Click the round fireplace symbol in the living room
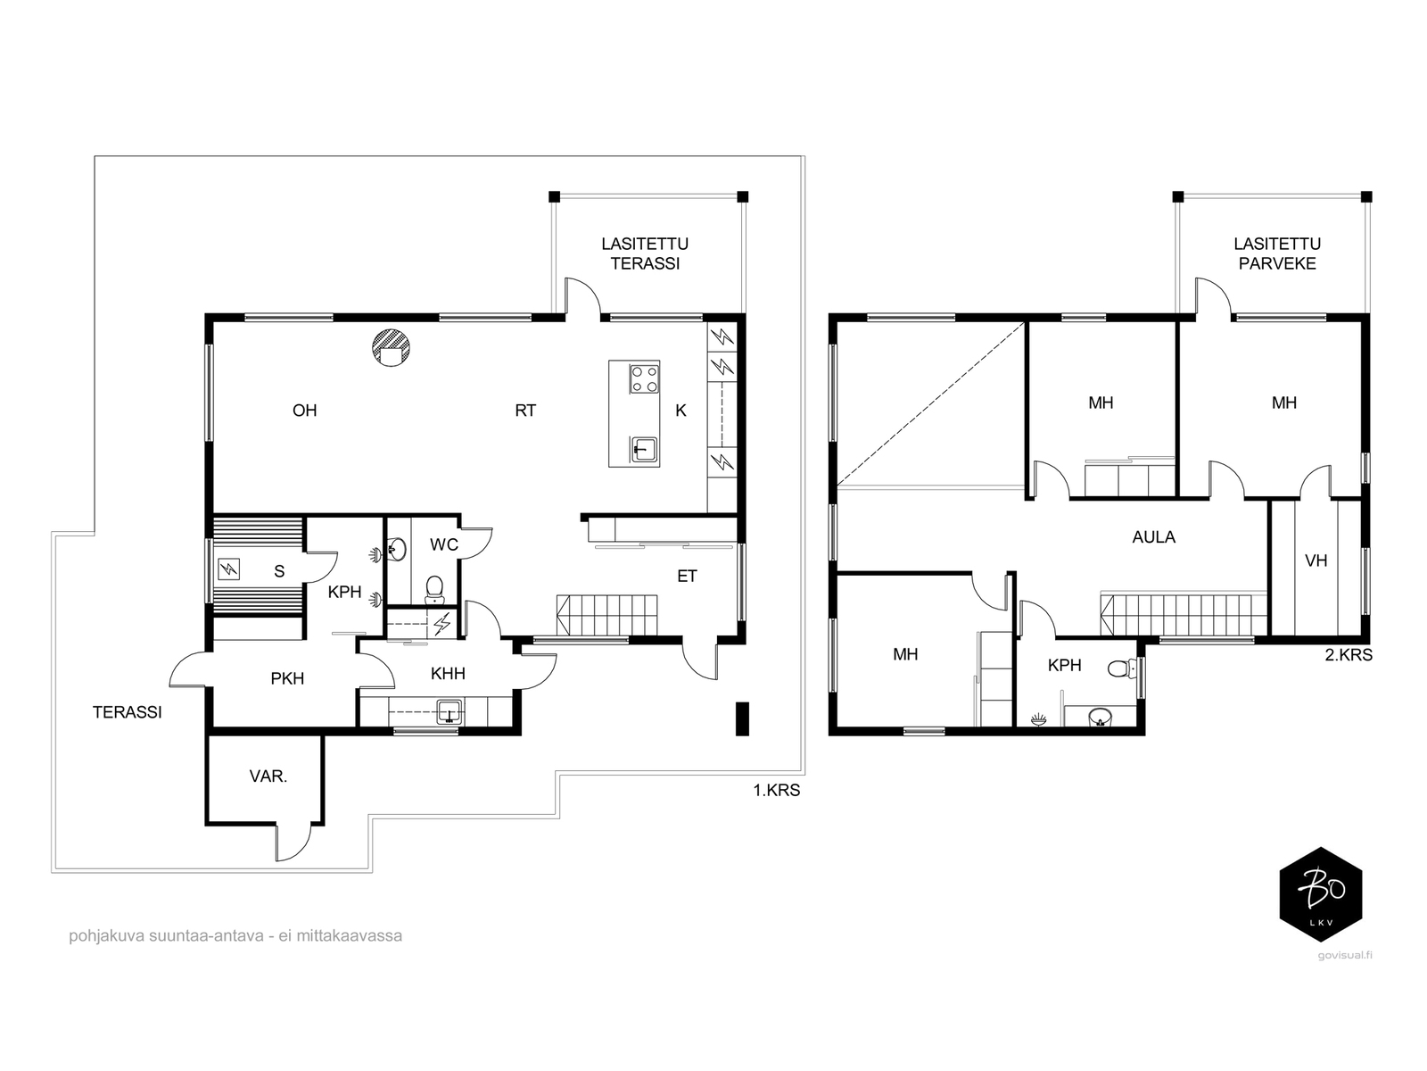pyautogui.click(x=390, y=347)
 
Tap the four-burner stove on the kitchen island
pyautogui.click(x=643, y=379)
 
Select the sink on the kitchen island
pyautogui.click(x=644, y=449)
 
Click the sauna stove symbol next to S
pyautogui.click(x=229, y=570)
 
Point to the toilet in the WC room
pyautogui.click(x=434, y=589)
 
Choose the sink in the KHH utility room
pyautogui.click(x=450, y=710)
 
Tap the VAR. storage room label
pyautogui.click(x=268, y=776)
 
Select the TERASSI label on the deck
pyautogui.click(x=127, y=713)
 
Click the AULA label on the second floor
pyautogui.click(x=1153, y=537)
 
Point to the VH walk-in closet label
pyautogui.click(x=1316, y=560)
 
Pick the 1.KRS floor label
pyautogui.click(x=776, y=790)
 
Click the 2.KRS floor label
pyautogui.click(x=1349, y=655)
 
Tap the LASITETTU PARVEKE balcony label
pyautogui.click(x=1277, y=253)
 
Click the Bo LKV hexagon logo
pyautogui.click(x=1320, y=895)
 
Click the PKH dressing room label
pyautogui.click(x=287, y=679)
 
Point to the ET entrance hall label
pyautogui.click(x=687, y=577)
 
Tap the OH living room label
pyautogui.click(x=304, y=411)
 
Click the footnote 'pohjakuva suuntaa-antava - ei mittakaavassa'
pyautogui.click(x=235, y=935)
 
